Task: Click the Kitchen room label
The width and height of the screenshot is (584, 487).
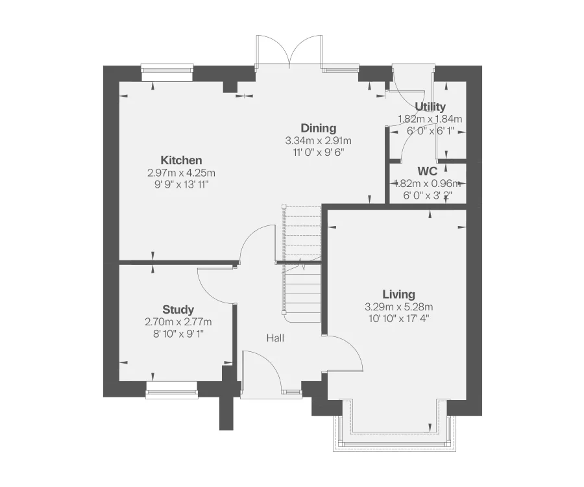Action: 182,160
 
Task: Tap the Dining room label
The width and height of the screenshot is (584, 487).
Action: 318,128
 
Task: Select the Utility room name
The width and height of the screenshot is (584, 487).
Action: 430,106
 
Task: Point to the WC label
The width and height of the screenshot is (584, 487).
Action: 427,171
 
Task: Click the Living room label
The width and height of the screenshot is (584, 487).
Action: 398,294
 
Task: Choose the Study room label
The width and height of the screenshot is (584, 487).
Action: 178,310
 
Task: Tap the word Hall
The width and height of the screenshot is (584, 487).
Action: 275,338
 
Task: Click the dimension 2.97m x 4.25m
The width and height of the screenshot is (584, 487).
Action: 182,173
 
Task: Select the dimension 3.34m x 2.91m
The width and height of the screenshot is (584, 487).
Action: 318,141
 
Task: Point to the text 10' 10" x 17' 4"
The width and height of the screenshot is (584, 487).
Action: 398,318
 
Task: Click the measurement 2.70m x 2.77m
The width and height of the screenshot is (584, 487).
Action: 178,322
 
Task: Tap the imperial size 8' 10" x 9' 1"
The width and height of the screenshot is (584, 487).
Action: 178,334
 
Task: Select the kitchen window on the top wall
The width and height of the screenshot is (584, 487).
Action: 167,70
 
